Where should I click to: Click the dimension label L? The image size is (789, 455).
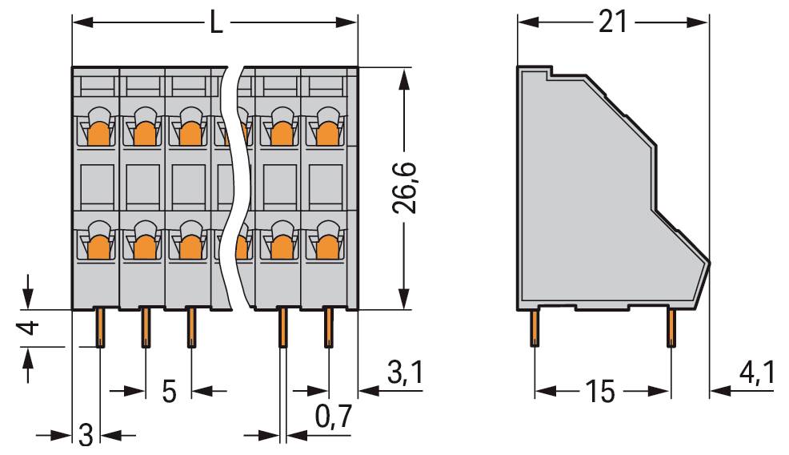[215, 22]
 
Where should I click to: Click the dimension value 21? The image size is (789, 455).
[612, 22]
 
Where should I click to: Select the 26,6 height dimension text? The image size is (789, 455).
[406, 189]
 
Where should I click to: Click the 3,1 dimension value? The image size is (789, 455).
[404, 373]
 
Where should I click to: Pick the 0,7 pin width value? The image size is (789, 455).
[333, 416]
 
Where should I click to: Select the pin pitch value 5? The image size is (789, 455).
[169, 392]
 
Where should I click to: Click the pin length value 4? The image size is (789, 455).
[28, 328]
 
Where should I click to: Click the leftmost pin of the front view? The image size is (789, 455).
[100, 328]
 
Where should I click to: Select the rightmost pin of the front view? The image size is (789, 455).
[328, 328]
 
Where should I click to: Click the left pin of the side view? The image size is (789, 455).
[534, 328]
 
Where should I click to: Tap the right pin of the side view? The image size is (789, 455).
[671, 328]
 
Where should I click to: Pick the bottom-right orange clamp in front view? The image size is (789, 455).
[326, 244]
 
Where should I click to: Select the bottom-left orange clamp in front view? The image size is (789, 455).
[98, 244]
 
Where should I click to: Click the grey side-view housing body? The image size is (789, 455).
[592, 200]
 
